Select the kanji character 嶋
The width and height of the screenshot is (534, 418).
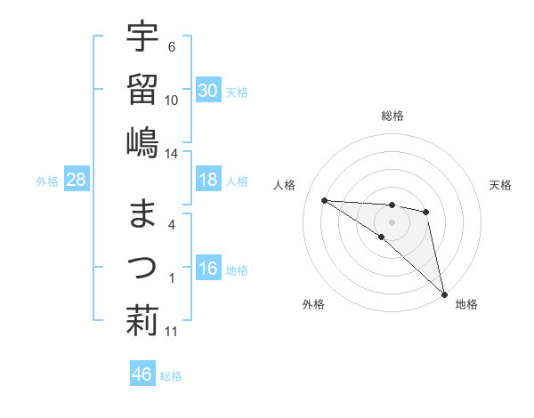(142, 141)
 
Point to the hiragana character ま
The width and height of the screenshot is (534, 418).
(142, 214)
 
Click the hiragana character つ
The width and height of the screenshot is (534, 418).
(142, 266)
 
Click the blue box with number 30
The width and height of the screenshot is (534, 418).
(207, 90)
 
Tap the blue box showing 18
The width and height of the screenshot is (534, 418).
(207, 180)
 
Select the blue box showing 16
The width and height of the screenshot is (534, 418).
(207, 269)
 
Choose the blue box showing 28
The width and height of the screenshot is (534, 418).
(76, 181)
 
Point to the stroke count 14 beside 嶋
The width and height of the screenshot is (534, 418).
(172, 153)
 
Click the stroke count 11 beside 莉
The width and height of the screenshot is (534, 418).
(172, 332)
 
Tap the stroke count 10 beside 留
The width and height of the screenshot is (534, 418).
(172, 100)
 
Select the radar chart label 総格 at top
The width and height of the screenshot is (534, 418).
(392, 116)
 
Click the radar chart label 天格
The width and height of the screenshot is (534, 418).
(501, 185)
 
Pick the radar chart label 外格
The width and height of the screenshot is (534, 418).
(313, 304)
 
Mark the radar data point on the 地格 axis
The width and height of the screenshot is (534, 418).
(444, 293)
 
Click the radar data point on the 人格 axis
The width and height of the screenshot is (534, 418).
(324, 200)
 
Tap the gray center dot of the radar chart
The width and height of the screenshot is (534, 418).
(392, 221)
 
